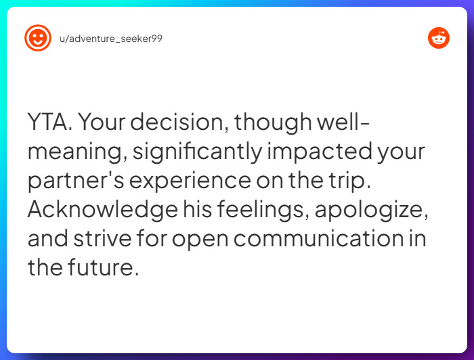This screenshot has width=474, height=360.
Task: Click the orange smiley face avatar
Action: pyautogui.click(x=38, y=38)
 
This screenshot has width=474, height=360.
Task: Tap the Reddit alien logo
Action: pyautogui.click(x=439, y=38)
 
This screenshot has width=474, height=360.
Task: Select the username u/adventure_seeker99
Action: pyautogui.click(x=111, y=39)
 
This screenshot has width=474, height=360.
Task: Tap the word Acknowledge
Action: pyautogui.click(x=102, y=210)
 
